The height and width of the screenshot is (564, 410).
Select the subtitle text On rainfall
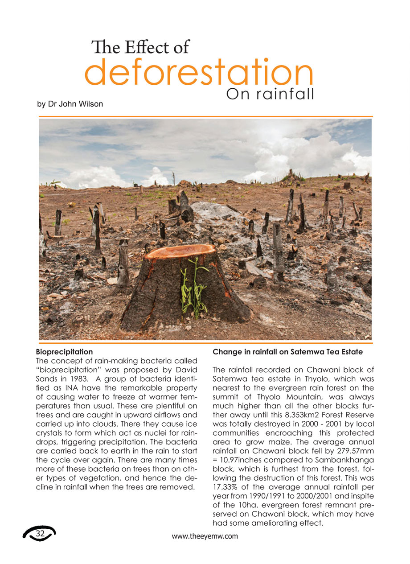pos(271,94)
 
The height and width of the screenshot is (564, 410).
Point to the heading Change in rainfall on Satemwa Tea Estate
pos(288,352)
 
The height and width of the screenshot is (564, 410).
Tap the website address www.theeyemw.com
pos(205,536)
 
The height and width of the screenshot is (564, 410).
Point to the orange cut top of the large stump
pos(180,251)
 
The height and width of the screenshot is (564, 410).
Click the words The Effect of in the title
pos(140,47)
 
